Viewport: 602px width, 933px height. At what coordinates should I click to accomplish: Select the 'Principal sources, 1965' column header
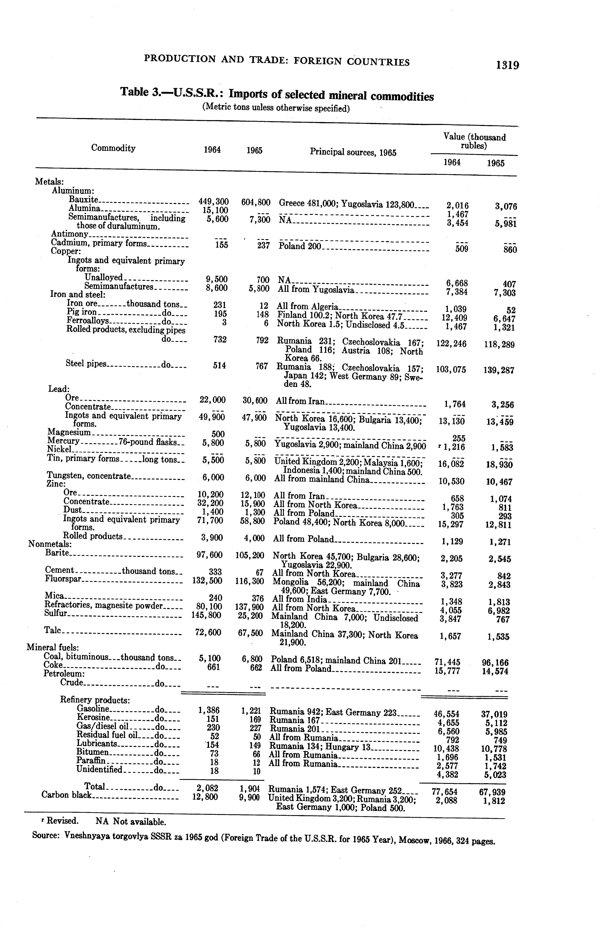click(x=353, y=152)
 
